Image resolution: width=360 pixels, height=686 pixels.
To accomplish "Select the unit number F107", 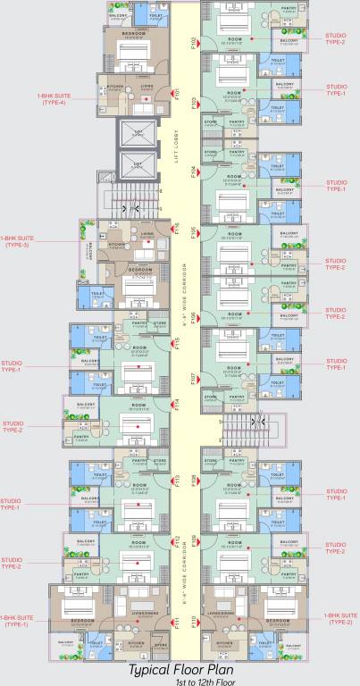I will (192, 379).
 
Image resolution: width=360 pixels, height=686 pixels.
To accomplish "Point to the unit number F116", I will (178, 229).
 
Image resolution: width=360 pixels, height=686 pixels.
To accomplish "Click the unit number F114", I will (178, 404).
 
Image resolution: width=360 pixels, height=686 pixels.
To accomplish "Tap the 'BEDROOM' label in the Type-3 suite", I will (136, 269).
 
